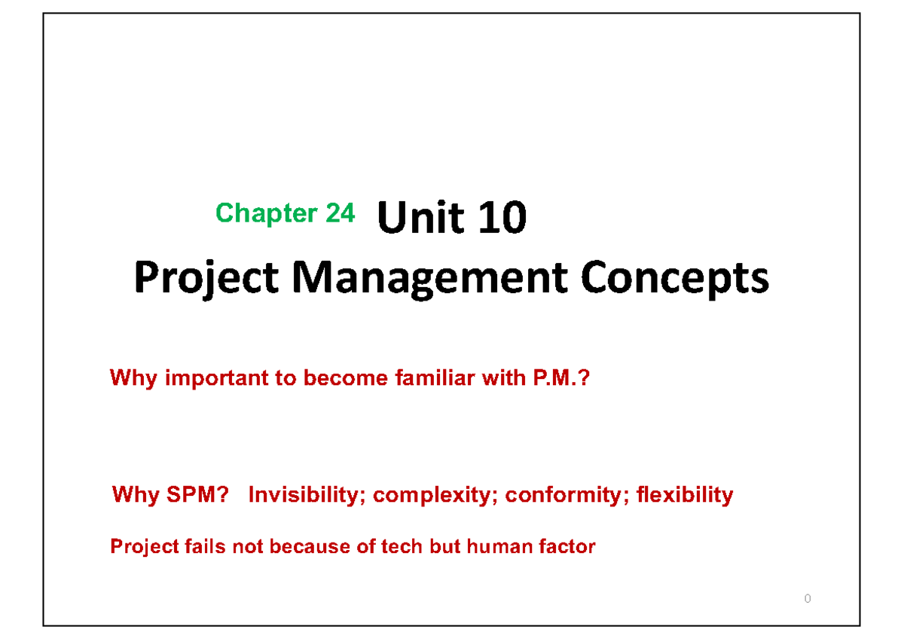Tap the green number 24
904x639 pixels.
340,214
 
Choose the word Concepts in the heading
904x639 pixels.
674,279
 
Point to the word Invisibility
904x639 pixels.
307,495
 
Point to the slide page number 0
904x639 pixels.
808,599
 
